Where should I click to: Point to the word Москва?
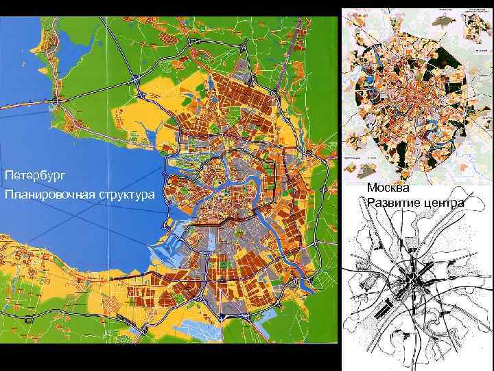pos(388,188)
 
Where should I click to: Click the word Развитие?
pos(394,203)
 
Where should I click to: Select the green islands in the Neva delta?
pos(185,165)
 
